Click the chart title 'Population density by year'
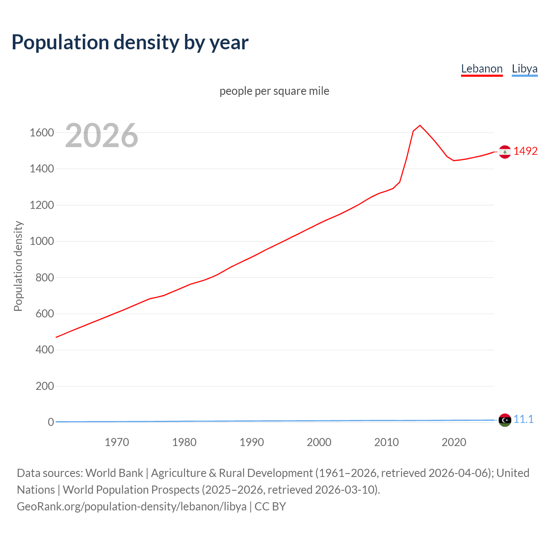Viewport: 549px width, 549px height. coord(130,42)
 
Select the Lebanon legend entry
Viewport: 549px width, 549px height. coord(482,69)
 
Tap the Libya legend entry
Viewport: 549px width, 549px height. coord(525,69)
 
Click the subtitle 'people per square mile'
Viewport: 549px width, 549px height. coord(274,91)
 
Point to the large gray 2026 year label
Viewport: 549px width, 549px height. coord(102,136)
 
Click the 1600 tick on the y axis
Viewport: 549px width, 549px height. coord(42,133)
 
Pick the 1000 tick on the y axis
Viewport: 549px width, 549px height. coord(42,241)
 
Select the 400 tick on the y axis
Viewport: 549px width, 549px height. coord(45,350)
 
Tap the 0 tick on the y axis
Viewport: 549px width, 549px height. coord(51,422)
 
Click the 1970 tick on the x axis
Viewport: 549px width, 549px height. coord(117,442)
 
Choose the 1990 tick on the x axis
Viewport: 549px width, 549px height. coord(252,442)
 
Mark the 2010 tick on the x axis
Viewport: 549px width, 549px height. coord(386,442)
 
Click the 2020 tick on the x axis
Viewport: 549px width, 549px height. coord(454,442)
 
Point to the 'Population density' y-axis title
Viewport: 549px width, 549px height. coord(18,266)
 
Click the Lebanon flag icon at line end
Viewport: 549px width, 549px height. coord(505,152)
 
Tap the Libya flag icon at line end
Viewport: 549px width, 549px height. coord(505,420)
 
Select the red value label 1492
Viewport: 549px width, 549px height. coord(525,151)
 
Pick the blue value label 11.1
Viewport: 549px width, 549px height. coord(524,419)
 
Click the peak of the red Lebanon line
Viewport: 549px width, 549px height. coord(420,125)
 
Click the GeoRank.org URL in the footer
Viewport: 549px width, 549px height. coord(132,506)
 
